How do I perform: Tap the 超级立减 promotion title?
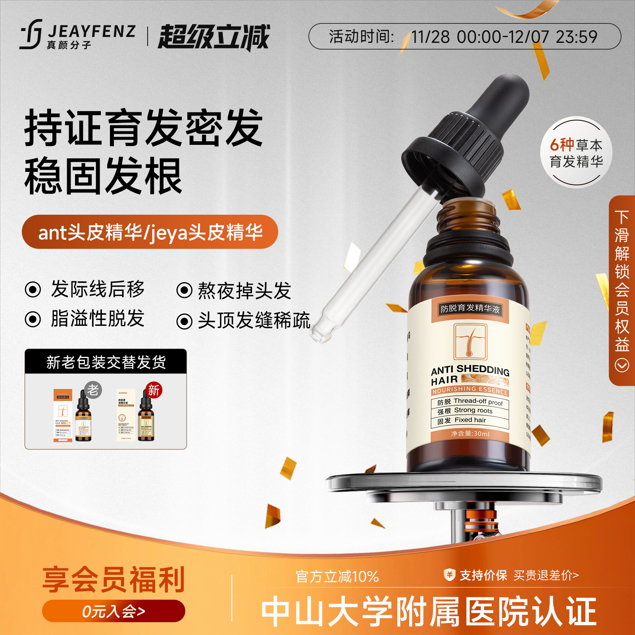click(214, 37)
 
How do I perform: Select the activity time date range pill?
click(464, 37)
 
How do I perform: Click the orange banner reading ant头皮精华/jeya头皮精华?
click(150, 232)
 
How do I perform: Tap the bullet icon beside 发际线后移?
click(33, 289)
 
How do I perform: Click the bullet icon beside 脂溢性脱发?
click(33, 319)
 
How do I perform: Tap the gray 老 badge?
click(93, 390)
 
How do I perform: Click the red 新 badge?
click(154, 391)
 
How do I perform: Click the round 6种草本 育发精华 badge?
click(576, 153)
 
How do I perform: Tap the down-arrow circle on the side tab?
click(622, 365)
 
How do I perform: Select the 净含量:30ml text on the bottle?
click(470, 434)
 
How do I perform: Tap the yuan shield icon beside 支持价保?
click(449, 574)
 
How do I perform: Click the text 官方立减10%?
click(337, 577)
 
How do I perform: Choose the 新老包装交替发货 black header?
click(106, 362)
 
